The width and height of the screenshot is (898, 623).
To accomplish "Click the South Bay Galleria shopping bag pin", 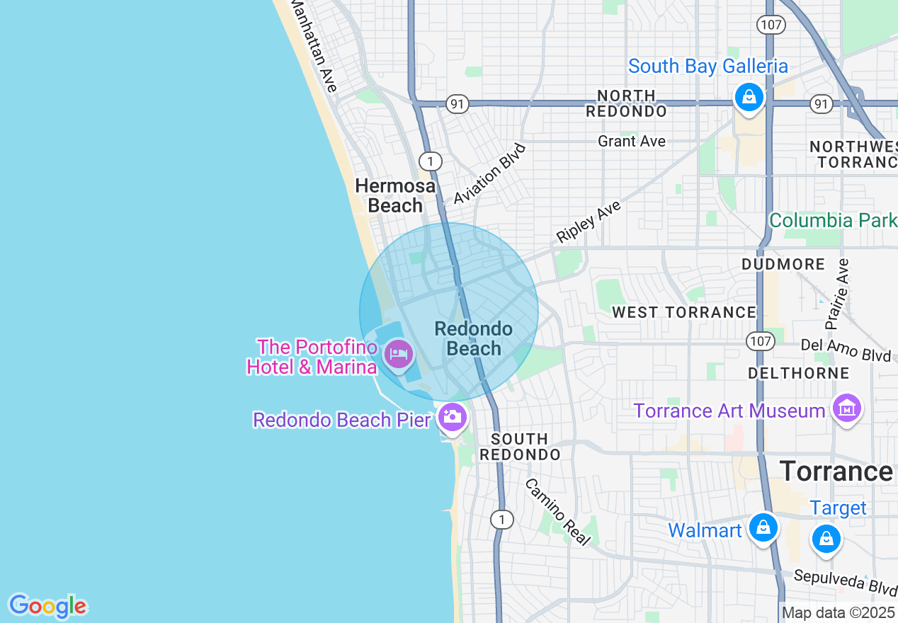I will coord(749,96).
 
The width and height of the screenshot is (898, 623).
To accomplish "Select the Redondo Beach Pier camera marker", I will coord(451,416).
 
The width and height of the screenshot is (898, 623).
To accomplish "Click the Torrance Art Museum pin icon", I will coord(846,408).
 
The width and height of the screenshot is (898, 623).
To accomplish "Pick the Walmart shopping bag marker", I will coord(763,528).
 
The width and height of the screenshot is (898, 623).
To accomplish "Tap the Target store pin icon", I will coord(826,537).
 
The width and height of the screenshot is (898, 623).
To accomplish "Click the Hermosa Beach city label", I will coord(395,195).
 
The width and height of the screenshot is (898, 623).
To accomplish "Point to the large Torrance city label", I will coord(836,471).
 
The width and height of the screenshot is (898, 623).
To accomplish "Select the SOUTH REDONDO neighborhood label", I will coord(520,447).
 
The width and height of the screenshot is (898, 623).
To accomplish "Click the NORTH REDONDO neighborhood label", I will coord(626,103).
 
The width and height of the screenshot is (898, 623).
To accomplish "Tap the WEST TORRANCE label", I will coord(684,312).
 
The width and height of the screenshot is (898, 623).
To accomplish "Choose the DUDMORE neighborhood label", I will coord(783,264).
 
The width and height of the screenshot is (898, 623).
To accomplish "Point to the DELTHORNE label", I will coord(799,372).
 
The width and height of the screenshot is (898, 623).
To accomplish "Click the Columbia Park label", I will coord(833,220).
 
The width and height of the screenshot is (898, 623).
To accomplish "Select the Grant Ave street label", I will coord(632,141).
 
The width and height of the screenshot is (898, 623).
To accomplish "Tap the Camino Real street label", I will coord(557,512).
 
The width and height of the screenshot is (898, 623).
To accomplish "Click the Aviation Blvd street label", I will coord(491,174).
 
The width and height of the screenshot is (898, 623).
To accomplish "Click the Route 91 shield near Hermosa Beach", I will coord(457,104).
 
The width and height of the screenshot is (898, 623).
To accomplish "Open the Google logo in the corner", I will coord(47,606).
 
